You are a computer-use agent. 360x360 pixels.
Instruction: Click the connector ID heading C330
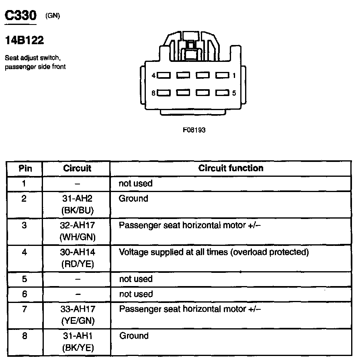20,16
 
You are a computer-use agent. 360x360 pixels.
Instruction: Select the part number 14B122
24,41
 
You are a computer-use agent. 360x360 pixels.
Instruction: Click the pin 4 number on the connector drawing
153,76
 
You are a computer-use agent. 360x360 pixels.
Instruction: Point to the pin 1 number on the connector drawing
234,76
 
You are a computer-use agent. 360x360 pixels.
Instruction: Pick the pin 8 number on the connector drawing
153,94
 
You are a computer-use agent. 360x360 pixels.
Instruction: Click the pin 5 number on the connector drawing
234,94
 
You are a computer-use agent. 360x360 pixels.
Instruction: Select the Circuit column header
77,168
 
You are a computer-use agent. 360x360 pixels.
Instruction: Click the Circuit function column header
231,168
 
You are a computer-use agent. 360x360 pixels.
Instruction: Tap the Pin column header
25,168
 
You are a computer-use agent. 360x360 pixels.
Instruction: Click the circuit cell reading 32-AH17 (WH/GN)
77,231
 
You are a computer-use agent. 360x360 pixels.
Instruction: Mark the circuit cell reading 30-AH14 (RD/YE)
77,258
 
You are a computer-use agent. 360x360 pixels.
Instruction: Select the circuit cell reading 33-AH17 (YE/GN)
77,315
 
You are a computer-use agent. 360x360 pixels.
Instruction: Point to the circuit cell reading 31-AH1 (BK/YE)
77,342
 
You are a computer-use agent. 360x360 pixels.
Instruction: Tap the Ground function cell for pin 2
133,198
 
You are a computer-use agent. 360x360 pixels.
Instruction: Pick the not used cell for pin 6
136,294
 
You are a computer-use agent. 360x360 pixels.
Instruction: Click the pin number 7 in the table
25,309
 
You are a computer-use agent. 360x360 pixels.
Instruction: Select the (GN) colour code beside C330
52,16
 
